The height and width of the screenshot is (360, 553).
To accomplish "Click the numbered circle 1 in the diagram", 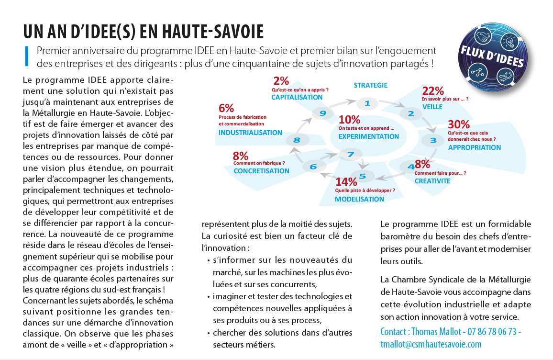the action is (x=367, y=103).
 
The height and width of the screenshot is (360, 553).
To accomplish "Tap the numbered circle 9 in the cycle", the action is (x=323, y=113).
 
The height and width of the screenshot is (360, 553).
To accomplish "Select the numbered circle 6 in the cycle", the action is (x=313, y=167).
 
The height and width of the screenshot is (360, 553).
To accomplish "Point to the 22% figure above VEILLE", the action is (x=433, y=91).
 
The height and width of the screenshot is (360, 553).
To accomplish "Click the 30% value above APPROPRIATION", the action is (x=458, y=124).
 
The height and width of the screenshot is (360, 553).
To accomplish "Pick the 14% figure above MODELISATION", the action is (x=346, y=182).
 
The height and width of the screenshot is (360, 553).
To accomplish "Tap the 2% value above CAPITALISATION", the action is (x=281, y=81).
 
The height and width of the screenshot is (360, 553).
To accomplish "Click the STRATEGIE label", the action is (x=370, y=85).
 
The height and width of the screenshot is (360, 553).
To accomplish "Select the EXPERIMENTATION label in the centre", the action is (x=368, y=136).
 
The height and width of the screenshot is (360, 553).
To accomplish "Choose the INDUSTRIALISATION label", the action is (x=250, y=133).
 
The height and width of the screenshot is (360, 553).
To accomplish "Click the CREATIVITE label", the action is (x=432, y=181).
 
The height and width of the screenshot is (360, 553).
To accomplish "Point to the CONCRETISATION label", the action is (x=261, y=171).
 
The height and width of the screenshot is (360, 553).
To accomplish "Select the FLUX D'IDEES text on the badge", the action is (x=492, y=56).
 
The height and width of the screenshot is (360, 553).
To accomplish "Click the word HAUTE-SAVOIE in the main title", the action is (x=201, y=32).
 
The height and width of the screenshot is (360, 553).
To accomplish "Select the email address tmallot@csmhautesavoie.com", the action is (x=431, y=344).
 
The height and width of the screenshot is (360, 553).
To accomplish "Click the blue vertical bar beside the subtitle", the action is (x=26, y=56).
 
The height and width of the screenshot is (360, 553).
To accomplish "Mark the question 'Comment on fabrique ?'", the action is (x=259, y=163).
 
